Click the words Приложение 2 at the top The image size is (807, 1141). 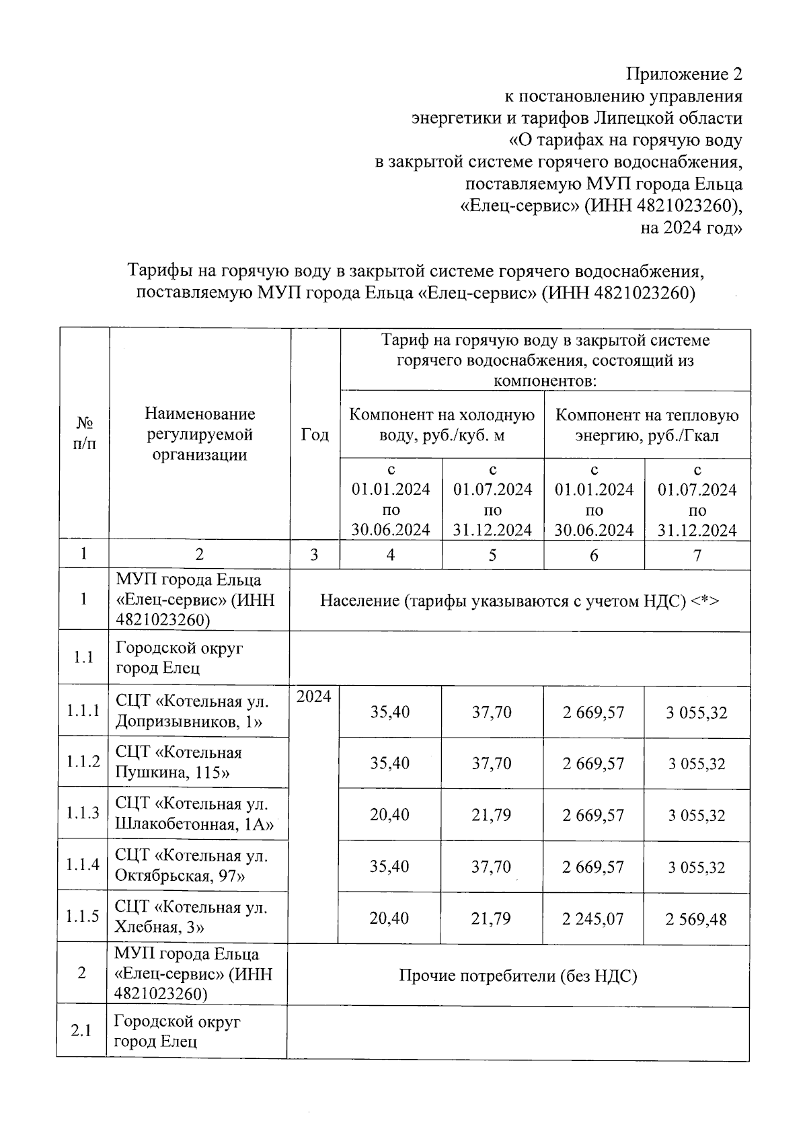(685, 73)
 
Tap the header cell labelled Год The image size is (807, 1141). (315, 434)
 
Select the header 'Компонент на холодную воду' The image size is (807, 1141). (442, 425)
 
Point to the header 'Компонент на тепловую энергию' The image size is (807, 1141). (647, 425)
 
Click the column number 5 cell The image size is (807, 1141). (492, 555)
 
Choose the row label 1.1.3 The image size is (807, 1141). (83, 813)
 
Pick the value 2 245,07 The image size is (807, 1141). (594, 918)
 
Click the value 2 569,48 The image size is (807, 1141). (697, 918)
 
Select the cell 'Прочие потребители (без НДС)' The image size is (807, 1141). (518, 976)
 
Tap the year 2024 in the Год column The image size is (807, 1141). (314, 697)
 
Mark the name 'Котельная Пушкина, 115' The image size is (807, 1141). (179, 762)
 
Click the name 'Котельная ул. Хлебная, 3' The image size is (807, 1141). (191, 917)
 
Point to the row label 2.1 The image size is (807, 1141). (81, 1031)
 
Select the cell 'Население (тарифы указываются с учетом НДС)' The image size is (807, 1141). (519, 600)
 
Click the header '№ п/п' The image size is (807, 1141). (84, 434)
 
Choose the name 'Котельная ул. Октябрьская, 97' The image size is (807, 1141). (191, 865)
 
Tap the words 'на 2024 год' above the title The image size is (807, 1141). (691, 229)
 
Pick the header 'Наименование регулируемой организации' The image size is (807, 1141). (200, 434)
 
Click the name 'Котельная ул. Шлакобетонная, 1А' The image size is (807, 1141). (194, 814)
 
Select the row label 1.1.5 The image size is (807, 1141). (83, 916)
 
